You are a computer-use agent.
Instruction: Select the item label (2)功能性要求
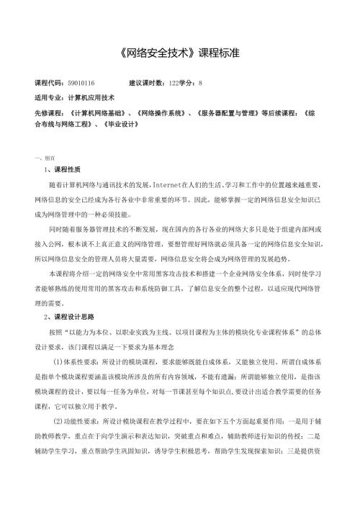[79, 420]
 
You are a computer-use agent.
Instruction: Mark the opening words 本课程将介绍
[63, 254]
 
